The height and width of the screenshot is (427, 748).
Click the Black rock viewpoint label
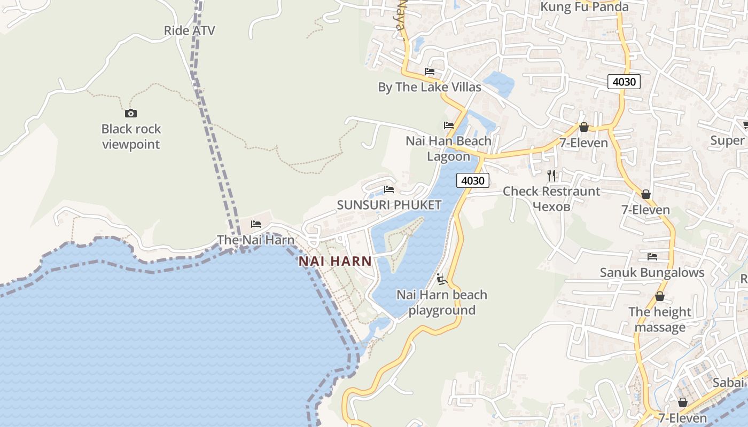[x=131, y=137]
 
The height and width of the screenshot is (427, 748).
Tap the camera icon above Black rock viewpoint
[x=131, y=113]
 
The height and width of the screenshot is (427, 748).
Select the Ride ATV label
[x=189, y=30]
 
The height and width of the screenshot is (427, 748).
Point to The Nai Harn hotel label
[x=255, y=240]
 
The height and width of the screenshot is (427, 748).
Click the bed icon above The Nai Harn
[x=256, y=224]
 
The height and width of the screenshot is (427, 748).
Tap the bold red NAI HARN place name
[x=335, y=261]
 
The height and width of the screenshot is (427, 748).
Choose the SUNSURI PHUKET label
[x=389, y=205]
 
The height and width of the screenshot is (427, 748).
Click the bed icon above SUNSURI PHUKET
[x=389, y=189]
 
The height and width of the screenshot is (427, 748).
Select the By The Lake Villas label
[x=430, y=87]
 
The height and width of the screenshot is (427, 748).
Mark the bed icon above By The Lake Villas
[x=430, y=72]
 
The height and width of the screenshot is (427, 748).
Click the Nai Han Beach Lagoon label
[x=448, y=148]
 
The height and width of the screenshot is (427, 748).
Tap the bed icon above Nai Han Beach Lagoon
[x=449, y=125]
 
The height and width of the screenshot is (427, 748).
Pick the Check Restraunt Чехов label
[x=551, y=199]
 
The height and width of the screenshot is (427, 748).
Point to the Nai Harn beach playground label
[x=442, y=302]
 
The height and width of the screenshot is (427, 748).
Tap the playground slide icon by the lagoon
[x=441, y=279]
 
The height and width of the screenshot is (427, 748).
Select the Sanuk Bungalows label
[x=652, y=272]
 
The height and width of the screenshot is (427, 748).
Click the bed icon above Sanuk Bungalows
[x=652, y=257]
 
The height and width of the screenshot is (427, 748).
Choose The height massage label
[x=660, y=319]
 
